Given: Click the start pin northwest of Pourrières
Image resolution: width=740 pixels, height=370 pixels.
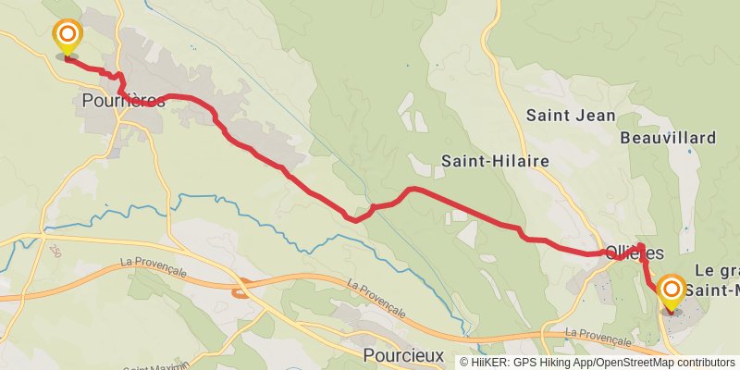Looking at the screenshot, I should pos(68,38).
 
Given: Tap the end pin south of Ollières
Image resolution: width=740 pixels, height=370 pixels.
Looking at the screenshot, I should pos(670,293).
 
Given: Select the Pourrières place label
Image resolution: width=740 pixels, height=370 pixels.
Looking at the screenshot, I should pos(123,101).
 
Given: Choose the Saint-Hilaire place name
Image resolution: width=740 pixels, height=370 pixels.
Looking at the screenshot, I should pos(494,161).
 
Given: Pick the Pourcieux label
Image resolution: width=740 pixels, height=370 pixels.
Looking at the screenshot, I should pos(403,355).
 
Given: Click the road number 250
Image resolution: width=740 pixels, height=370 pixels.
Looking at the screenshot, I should pos(51,251).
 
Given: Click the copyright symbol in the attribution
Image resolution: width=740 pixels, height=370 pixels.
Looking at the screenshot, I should pos(464,362).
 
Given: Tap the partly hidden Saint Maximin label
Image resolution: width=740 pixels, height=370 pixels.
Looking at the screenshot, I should pos(151,367).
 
